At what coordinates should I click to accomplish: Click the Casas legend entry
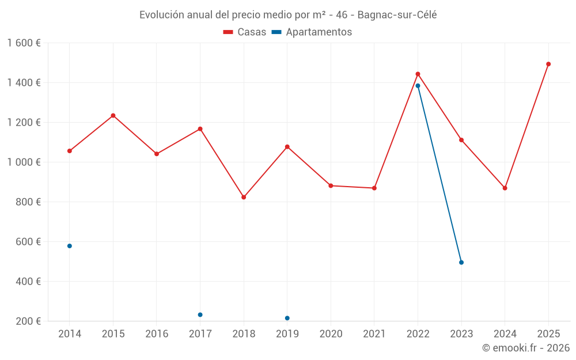tap(245, 32)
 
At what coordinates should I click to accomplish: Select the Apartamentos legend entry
tap(312, 32)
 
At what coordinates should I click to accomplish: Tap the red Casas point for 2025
tap(548, 64)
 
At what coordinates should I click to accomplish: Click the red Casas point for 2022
tap(418, 74)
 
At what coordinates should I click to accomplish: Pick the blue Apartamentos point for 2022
tap(418, 86)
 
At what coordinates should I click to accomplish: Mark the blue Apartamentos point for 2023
tap(461, 263)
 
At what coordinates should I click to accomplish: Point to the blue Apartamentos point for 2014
tap(70, 246)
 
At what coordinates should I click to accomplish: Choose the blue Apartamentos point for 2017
tap(200, 314)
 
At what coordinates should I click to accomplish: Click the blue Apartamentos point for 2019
tap(287, 318)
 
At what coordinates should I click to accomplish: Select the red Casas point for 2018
tap(244, 197)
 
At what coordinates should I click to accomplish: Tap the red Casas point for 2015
tap(113, 115)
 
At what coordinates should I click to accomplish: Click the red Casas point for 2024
tap(505, 188)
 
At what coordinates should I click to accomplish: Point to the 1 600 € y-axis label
tap(24, 43)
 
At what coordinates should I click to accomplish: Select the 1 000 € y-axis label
tap(24, 162)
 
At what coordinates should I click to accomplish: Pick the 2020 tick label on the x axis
tap(331, 334)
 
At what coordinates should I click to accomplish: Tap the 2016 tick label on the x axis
tap(157, 334)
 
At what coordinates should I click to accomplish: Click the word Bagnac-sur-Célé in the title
tap(397, 15)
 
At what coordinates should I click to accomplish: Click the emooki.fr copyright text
tap(526, 348)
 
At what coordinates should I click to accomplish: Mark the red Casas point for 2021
tap(374, 188)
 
